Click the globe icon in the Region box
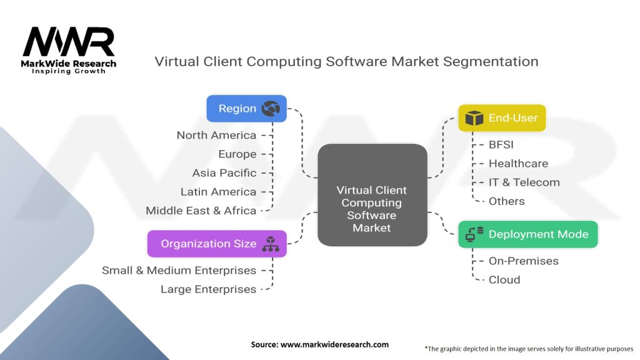(x=271, y=109)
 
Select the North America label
(x=216, y=135)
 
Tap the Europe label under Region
(x=237, y=154)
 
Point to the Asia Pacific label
(x=224, y=172)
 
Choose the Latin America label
(x=218, y=191)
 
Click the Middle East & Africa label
(x=201, y=211)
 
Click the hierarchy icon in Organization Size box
(x=270, y=244)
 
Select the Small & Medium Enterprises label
(x=179, y=271)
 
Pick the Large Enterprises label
(x=208, y=289)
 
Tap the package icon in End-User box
(x=474, y=118)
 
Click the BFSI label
(x=501, y=144)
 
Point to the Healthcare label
(x=518, y=163)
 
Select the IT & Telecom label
(x=524, y=182)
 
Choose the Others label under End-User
(x=506, y=201)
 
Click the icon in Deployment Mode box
(x=474, y=234)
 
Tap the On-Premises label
(x=523, y=261)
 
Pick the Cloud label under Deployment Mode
(x=504, y=279)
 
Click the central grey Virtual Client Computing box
(x=372, y=194)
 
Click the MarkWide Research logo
(x=69, y=50)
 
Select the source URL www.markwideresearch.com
(x=319, y=344)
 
